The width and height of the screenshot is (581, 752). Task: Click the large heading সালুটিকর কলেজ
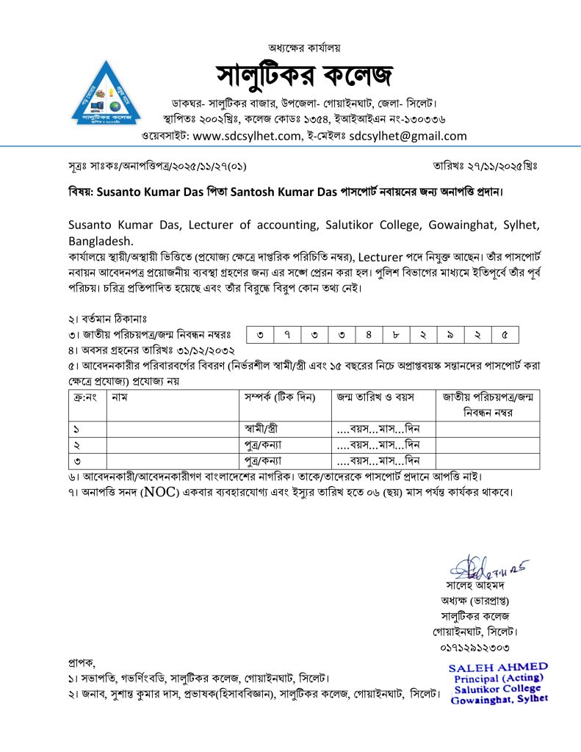[304, 74]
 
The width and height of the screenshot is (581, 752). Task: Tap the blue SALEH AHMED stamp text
[498, 665]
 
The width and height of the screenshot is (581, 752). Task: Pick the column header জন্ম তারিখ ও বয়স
[375, 397]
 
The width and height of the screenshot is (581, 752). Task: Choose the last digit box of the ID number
[505, 336]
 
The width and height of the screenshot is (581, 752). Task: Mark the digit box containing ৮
[396, 336]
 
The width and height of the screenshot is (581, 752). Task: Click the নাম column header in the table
[120, 397]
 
